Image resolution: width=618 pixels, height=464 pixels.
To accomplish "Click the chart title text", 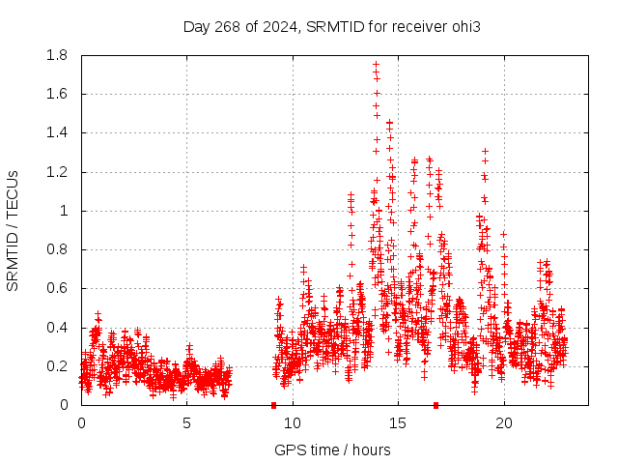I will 332,26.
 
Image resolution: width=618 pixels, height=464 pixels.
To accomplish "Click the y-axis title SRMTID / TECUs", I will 13,230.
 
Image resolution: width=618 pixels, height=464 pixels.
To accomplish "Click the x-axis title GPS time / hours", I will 332,449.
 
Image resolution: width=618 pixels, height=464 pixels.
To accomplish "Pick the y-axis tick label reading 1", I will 64,211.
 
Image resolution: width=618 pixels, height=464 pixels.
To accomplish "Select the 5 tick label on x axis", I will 186,423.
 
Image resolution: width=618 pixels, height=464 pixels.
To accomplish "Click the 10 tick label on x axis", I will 293,423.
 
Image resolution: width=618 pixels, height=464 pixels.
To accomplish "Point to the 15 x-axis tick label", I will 398,423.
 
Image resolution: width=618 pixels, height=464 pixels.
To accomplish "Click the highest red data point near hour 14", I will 376,65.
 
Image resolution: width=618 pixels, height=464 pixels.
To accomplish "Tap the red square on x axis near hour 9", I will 273,405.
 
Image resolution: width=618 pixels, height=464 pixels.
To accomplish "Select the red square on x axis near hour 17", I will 435,405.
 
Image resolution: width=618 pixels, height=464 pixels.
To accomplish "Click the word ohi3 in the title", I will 466,26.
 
